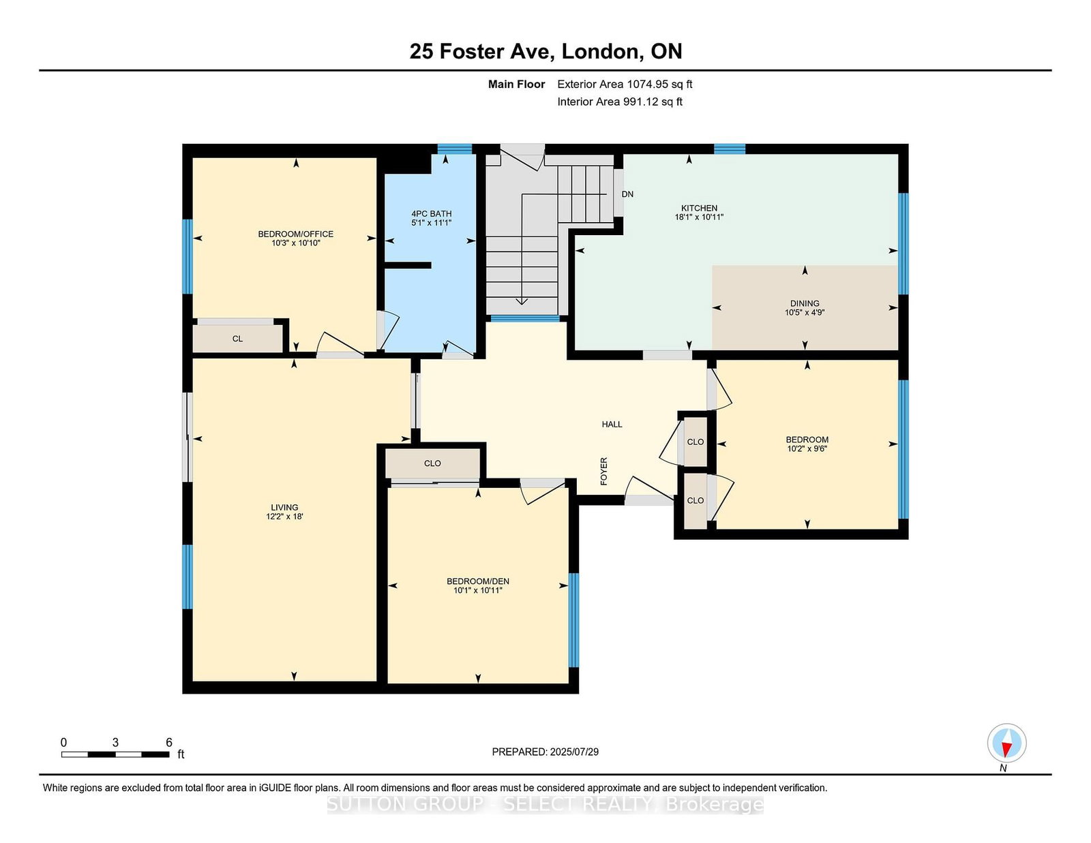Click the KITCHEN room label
click(699, 208)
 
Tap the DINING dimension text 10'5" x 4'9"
click(805, 313)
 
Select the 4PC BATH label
click(431, 214)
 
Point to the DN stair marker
click(627, 194)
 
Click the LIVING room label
click(284, 507)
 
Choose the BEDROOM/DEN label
click(478, 581)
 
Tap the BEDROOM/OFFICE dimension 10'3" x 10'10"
click(296, 243)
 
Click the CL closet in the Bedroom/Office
click(237, 339)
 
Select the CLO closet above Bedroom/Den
click(432, 463)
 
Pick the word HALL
click(612, 425)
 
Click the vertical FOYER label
click(604, 471)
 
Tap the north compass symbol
click(1006, 744)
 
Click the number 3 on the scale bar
click(115, 743)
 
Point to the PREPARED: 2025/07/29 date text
click(545, 752)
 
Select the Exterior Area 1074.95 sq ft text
click(625, 85)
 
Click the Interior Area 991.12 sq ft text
click(620, 102)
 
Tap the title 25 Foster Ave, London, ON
click(545, 51)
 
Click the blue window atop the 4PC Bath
click(454, 149)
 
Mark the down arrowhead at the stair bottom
click(522, 301)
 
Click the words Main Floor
click(516, 85)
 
